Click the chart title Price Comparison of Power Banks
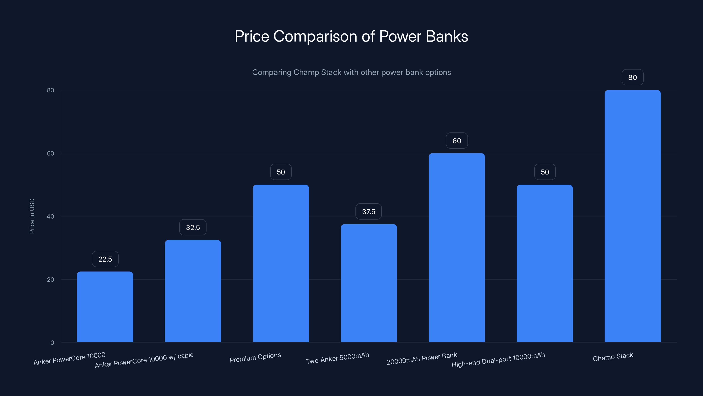(x=351, y=36)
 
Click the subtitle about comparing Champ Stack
(x=351, y=72)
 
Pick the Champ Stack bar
(x=632, y=216)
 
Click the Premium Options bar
(x=281, y=264)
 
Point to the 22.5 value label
(x=105, y=259)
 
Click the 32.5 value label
(x=193, y=227)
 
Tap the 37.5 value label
(x=368, y=211)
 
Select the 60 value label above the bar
(x=457, y=141)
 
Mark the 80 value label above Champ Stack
(x=632, y=77)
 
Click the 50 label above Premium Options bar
(x=281, y=172)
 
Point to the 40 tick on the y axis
(x=51, y=216)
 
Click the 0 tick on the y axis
(x=52, y=343)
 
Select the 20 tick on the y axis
(x=51, y=280)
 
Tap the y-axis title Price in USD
(x=32, y=216)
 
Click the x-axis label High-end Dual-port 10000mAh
(x=498, y=360)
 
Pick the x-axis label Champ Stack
(x=613, y=357)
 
